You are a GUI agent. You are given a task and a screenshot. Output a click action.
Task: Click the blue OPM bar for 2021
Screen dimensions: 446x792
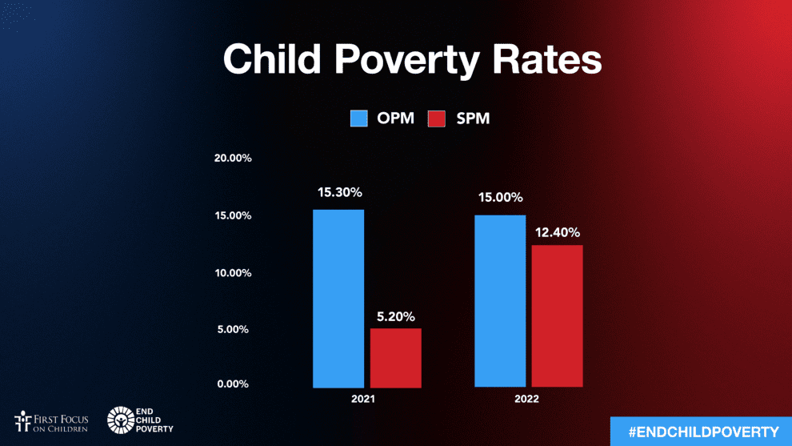coord(338,298)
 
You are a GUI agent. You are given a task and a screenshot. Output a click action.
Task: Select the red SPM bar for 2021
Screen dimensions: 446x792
coord(395,358)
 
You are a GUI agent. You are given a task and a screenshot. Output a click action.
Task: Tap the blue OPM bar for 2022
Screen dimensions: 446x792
coord(500,300)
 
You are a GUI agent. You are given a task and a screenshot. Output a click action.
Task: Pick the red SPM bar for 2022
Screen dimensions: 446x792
coord(557,315)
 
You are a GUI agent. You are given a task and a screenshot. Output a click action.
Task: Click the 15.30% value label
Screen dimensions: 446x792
coord(339,192)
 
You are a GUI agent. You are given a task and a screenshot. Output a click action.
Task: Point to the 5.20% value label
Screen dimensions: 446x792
coord(395,316)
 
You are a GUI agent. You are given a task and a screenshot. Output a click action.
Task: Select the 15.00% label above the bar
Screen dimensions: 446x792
coord(500,198)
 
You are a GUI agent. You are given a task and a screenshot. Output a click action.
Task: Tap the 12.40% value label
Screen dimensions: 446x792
coord(558,232)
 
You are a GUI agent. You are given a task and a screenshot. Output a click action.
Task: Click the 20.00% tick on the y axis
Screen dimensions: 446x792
coord(234,158)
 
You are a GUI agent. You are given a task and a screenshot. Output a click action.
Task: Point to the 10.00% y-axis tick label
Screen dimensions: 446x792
coord(234,272)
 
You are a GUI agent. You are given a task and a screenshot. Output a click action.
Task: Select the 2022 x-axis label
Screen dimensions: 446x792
coord(527,399)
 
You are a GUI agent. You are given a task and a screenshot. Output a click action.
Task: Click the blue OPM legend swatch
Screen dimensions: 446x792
coord(358,119)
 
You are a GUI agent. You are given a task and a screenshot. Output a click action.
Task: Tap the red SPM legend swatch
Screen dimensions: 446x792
coord(436,119)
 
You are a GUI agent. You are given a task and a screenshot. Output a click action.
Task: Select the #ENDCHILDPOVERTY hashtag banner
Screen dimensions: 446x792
coord(701,432)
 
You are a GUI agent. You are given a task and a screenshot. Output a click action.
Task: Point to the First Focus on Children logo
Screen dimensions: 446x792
coord(51,421)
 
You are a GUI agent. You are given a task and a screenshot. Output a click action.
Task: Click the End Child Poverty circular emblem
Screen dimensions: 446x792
coord(120,420)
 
